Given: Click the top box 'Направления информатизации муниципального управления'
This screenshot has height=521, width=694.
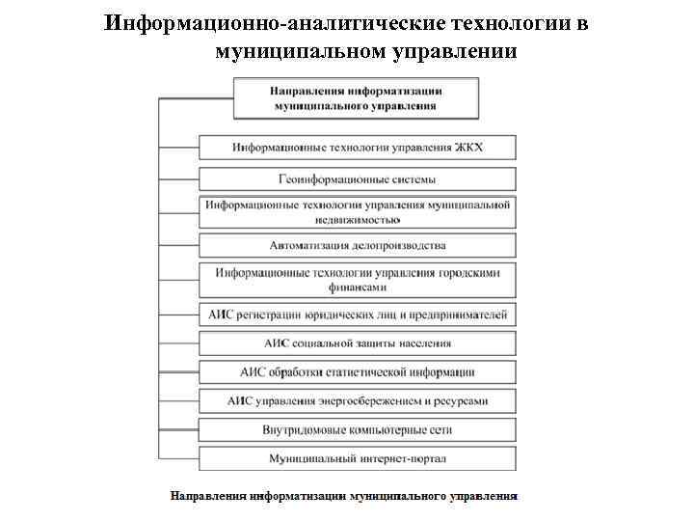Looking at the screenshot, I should click(356, 97).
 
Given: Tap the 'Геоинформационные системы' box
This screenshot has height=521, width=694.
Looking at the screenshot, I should click(357, 178).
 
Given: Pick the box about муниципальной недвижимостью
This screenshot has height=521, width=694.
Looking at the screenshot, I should click(357, 211).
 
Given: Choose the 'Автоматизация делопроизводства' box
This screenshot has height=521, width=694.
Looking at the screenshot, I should click(357, 245).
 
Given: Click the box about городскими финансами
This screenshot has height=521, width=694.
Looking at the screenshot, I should click(357, 280).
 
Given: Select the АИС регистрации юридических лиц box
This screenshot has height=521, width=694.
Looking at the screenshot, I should click(357, 314).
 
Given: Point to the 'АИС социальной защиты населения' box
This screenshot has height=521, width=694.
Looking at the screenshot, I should click(357, 343).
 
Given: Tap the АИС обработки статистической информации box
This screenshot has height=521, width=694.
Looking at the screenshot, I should click(357, 371).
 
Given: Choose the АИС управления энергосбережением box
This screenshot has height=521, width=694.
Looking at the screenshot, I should click(357, 400).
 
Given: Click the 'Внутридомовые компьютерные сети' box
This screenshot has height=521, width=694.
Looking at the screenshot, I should click(357, 429).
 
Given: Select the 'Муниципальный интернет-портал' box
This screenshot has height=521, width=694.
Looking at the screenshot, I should click(357, 458).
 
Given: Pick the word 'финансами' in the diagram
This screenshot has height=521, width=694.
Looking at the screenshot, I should click(358, 287).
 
